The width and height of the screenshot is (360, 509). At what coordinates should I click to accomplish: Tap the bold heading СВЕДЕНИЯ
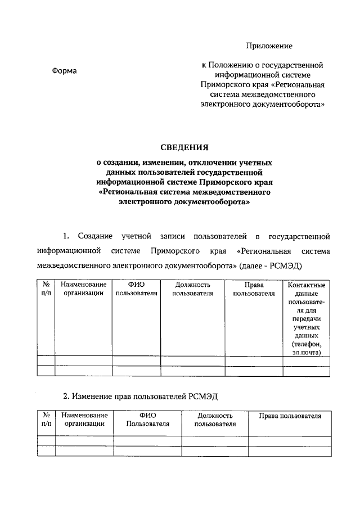click(x=184, y=148)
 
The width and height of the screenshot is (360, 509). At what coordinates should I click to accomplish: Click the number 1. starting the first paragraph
click(x=65, y=235)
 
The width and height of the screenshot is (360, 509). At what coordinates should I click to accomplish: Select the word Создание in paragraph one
click(x=96, y=235)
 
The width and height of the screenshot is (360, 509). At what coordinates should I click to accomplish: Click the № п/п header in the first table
click(x=46, y=289)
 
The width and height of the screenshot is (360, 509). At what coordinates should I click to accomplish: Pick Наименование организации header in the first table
click(x=83, y=289)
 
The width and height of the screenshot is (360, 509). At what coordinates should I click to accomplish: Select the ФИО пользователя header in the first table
click(x=136, y=289)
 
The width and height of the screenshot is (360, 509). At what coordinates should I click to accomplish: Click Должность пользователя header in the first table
click(x=192, y=289)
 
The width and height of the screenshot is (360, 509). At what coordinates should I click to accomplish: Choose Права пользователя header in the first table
click(x=254, y=289)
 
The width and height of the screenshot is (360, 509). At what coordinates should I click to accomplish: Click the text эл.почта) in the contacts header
click(x=306, y=353)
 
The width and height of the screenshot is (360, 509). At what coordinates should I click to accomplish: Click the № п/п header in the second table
click(x=46, y=420)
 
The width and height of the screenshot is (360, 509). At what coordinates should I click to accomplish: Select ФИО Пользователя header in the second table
click(x=147, y=420)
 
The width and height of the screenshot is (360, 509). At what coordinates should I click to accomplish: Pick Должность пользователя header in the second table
click(x=214, y=420)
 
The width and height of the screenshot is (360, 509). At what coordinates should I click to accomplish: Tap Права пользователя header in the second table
click(x=290, y=416)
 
